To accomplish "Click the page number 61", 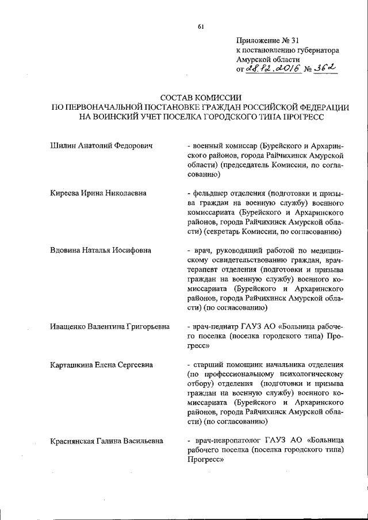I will [201, 26].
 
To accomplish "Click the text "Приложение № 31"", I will [268, 40].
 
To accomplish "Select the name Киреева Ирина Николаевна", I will [98, 193].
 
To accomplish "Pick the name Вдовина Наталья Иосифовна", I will [101, 250].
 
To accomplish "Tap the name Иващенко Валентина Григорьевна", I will [110, 326].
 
